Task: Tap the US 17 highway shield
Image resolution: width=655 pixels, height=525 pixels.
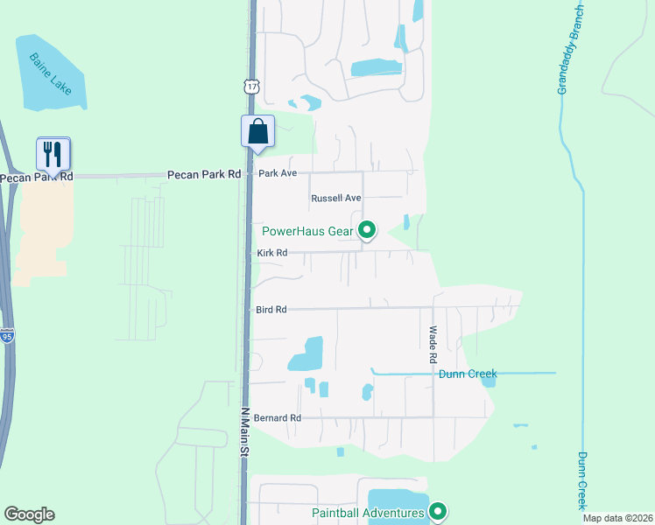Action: point(252,86)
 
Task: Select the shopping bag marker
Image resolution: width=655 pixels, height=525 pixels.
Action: point(257,132)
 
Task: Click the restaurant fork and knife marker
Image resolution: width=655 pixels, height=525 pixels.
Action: point(53,155)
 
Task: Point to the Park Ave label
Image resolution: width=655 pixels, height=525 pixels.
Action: point(278,174)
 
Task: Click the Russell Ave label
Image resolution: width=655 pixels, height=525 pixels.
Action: point(336,199)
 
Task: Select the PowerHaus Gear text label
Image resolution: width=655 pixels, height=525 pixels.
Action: point(307,232)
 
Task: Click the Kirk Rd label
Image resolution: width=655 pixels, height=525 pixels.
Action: point(272,253)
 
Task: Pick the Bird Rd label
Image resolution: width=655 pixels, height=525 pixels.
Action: point(271,310)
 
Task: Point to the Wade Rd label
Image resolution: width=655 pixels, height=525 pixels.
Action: point(433,345)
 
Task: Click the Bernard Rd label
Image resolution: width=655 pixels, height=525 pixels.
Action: point(277,418)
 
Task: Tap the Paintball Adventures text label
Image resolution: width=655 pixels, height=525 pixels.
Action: point(368,513)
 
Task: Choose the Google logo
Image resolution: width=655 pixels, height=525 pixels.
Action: point(29,514)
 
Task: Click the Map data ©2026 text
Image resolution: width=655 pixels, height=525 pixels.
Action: point(618,518)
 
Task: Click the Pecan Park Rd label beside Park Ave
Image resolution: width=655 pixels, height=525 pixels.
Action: point(203,175)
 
